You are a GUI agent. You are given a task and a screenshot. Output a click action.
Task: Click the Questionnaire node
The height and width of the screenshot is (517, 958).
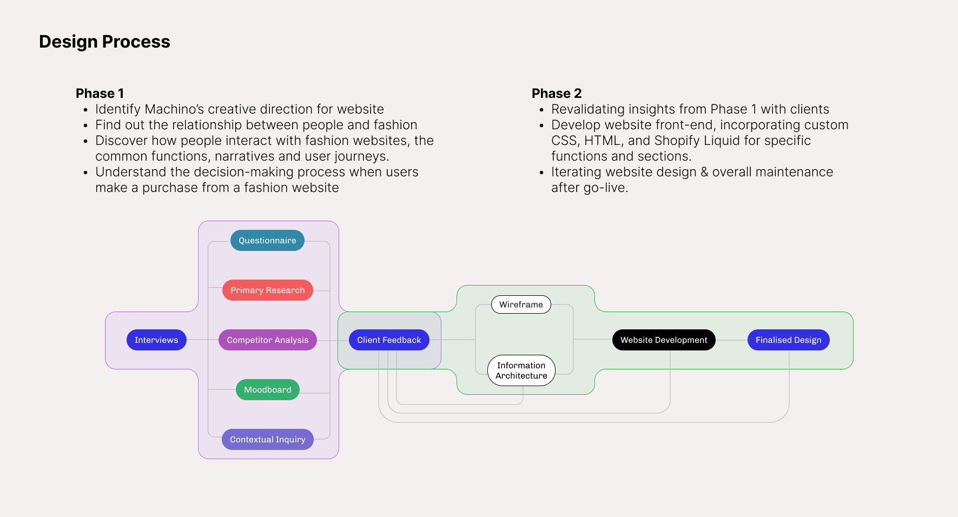click(267, 241)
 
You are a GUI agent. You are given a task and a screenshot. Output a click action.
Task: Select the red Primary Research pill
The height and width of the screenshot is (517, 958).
click(267, 290)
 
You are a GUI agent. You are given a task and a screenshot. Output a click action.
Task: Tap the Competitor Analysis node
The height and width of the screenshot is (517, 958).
click(267, 340)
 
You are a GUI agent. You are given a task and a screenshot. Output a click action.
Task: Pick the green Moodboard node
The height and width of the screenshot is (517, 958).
click(267, 390)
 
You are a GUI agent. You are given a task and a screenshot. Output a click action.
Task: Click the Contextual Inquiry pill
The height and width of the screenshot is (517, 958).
click(267, 440)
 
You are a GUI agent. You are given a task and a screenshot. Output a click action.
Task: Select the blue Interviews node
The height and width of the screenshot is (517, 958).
click(156, 340)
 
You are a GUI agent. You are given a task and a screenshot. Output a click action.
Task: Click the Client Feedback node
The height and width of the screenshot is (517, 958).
click(388, 340)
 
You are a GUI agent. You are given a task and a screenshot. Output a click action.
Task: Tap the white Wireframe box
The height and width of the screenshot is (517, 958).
click(521, 304)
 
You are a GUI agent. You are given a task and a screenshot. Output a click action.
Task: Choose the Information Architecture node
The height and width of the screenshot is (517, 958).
click(521, 370)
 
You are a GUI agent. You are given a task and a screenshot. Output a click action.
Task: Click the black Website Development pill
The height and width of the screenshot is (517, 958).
click(664, 340)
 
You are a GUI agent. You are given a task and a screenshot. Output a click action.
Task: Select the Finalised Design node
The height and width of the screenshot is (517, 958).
click(788, 340)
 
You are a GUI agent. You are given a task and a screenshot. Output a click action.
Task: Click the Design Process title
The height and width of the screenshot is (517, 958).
click(104, 42)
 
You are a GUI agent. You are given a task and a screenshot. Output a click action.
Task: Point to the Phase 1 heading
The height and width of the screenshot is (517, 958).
click(100, 94)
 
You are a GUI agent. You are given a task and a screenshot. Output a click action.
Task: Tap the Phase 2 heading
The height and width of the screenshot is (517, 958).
click(557, 94)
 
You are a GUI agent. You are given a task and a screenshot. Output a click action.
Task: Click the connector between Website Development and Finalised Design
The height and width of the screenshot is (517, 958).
click(731, 340)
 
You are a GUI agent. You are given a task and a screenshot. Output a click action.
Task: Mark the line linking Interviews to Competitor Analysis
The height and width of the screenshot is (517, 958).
click(202, 340)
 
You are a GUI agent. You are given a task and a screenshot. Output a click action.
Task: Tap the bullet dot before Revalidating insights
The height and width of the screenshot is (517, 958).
click(541, 110)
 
